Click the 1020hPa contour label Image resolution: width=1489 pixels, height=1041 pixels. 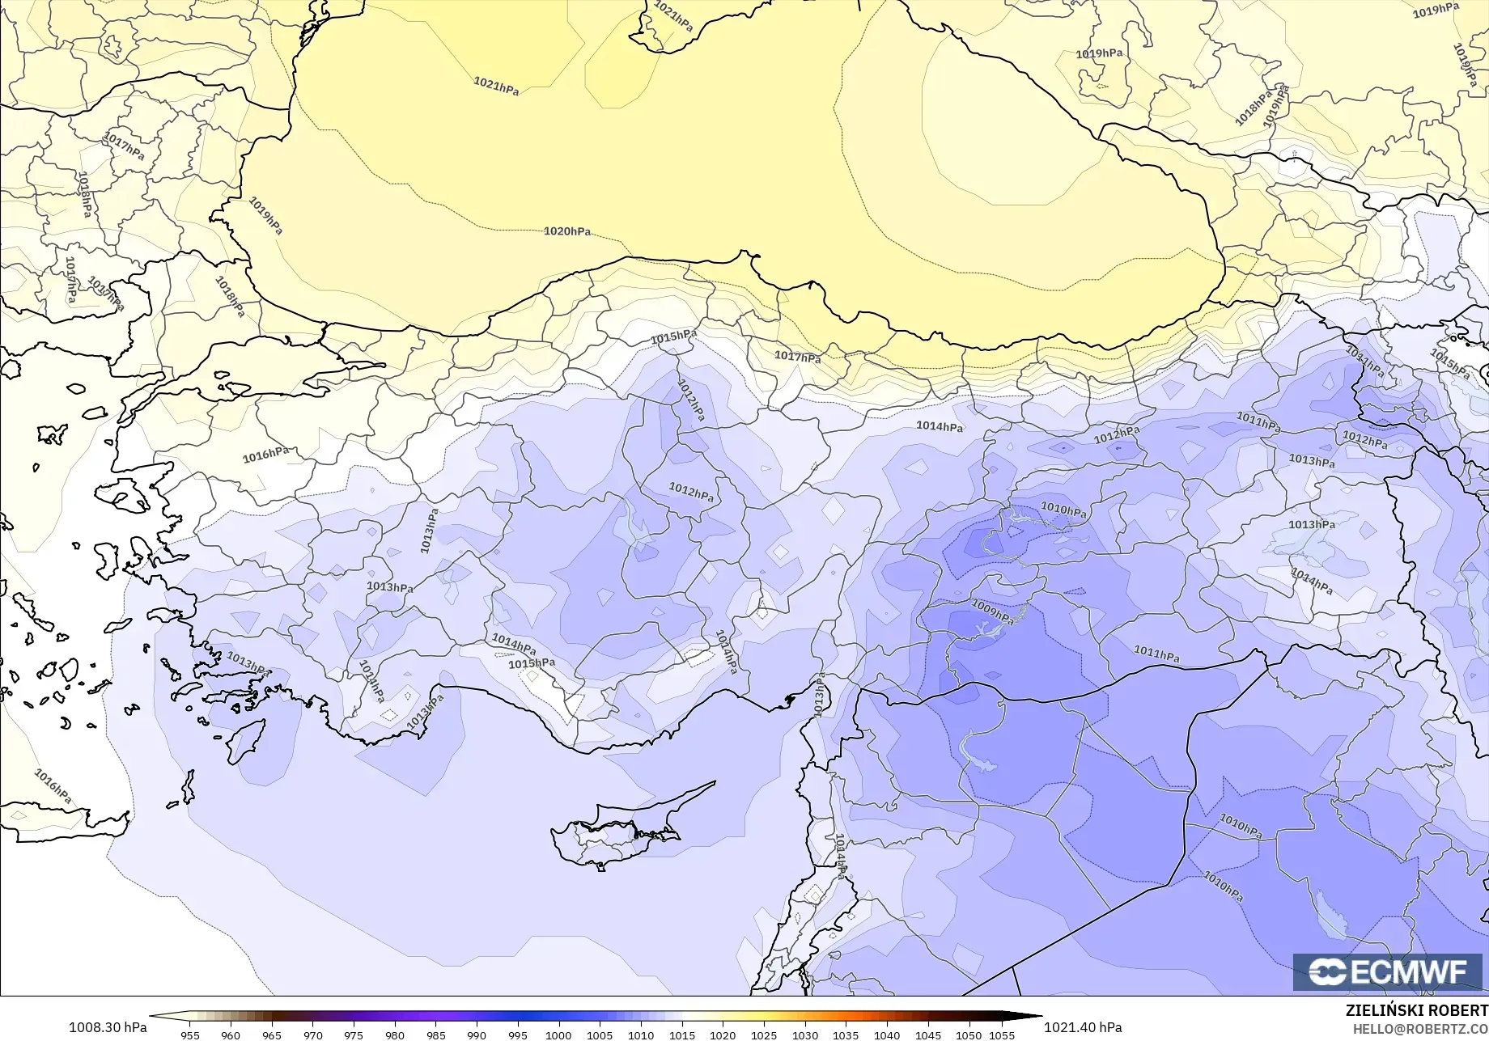[x=566, y=231]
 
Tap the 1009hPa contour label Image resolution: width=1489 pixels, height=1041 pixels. [x=992, y=612]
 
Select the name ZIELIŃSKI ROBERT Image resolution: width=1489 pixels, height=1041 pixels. [x=1416, y=1010]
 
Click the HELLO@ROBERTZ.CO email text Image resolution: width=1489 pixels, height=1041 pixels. [x=1420, y=1028]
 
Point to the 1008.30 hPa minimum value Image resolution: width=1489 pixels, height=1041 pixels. [x=108, y=1027]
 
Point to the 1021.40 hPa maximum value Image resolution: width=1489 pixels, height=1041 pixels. [x=1083, y=1027]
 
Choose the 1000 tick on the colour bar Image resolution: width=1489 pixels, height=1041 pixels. [x=558, y=1035]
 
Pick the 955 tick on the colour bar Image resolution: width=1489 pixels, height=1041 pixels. [x=189, y=1035]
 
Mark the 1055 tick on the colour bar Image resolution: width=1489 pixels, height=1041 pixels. [x=1002, y=1035]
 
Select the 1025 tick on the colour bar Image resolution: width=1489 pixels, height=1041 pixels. [x=763, y=1035]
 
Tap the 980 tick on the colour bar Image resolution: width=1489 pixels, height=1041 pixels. [x=394, y=1035]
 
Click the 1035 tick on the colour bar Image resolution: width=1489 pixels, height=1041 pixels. [x=846, y=1035]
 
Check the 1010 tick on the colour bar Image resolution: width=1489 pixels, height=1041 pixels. [x=640, y=1035]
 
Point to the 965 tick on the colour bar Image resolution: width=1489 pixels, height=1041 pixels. [x=271, y=1035]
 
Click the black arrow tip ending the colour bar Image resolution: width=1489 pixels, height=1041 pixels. [x=1036, y=1017]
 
